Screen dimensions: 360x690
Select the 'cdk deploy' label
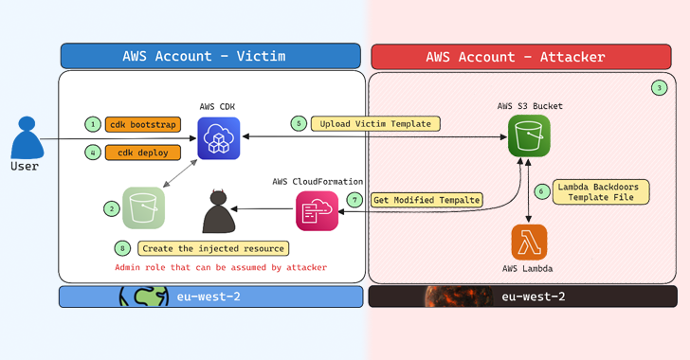(x=136, y=153)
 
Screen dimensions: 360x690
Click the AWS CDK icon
(x=218, y=138)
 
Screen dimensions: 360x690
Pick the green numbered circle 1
(x=92, y=124)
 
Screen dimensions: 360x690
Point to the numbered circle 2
(x=112, y=208)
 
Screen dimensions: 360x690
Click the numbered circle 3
(x=659, y=88)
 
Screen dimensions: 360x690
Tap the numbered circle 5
(x=298, y=124)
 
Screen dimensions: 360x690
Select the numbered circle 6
(x=541, y=190)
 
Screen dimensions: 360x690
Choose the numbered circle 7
(x=354, y=200)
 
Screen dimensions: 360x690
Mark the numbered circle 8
(x=120, y=248)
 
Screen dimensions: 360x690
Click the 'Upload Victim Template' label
(x=375, y=124)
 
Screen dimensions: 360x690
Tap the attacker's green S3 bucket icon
(x=528, y=138)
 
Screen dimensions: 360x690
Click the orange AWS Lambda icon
(x=529, y=242)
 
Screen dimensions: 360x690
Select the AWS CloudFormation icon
(x=317, y=211)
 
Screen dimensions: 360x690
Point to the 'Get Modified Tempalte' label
(x=427, y=200)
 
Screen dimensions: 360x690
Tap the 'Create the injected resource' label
(x=213, y=248)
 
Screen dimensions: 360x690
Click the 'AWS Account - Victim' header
(x=210, y=56)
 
